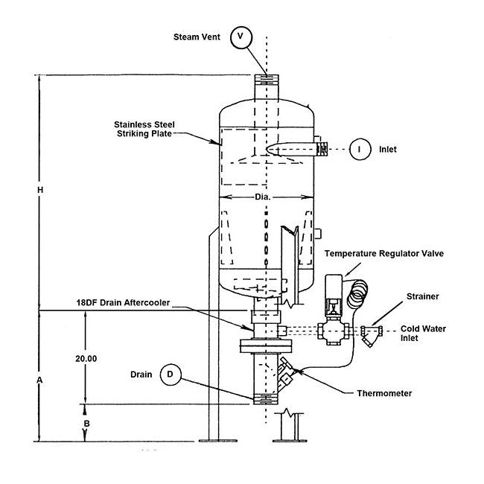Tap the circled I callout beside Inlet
pyautogui.click(x=360, y=149)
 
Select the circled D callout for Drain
pyautogui.click(x=171, y=375)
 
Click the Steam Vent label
pyautogui.click(x=196, y=36)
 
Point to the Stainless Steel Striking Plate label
pyautogui.click(x=142, y=129)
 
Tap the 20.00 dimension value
pyautogui.click(x=86, y=358)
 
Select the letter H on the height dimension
pyautogui.click(x=40, y=191)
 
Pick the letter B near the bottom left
pyautogui.click(x=86, y=423)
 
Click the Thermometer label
pyautogui.click(x=385, y=392)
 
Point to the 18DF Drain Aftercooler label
pyautogui.click(x=122, y=302)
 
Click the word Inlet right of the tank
pyautogui.click(x=387, y=149)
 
